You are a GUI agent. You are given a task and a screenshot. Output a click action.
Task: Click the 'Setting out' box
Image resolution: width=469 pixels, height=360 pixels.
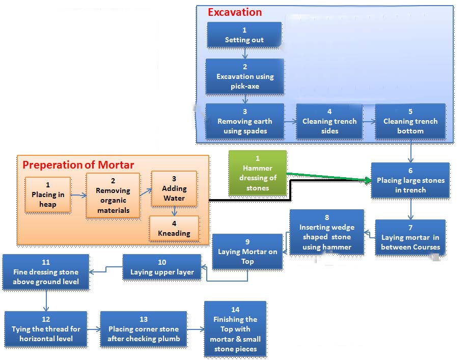tap(244, 35)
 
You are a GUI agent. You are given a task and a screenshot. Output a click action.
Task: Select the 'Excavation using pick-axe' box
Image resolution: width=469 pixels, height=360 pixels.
tap(244, 76)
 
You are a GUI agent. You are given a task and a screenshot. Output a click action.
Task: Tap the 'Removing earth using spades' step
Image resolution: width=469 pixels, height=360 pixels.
tap(244, 121)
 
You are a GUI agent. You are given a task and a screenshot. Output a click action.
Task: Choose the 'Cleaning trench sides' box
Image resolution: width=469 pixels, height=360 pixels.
tap(329, 121)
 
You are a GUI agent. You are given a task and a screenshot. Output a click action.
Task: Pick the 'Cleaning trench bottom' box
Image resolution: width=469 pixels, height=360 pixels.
tap(410, 121)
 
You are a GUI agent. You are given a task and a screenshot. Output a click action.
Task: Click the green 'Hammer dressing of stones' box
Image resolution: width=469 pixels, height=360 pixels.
tap(258, 173)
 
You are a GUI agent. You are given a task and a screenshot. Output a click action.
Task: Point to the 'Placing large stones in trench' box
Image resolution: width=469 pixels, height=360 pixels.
tap(410, 180)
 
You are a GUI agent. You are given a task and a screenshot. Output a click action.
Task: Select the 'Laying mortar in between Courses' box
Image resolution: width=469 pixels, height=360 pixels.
tap(410, 237)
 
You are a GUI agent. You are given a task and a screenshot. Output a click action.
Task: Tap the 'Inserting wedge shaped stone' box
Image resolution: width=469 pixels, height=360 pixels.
tap(327, 232)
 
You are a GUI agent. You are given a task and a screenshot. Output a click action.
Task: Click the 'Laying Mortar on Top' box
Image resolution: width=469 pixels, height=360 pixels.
tap(247, 252)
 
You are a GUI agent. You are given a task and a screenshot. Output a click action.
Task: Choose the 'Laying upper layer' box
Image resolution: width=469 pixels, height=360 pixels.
tap(162, 267)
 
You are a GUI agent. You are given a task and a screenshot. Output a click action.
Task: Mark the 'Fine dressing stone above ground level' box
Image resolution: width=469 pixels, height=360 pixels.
tap(46, 272)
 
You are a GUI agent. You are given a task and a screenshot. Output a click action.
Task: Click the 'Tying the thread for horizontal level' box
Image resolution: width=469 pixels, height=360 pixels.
tap(46, 329)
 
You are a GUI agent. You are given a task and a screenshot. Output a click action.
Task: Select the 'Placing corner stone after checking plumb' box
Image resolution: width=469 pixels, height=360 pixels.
tap(144, 329)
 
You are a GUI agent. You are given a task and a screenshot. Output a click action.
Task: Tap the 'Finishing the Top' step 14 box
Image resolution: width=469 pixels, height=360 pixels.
tap(235, 329)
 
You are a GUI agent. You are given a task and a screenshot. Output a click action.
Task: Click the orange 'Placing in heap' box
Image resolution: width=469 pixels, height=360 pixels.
tap(48, 195)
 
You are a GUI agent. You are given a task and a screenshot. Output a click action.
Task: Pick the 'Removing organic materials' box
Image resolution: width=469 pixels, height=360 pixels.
tap(113, 196)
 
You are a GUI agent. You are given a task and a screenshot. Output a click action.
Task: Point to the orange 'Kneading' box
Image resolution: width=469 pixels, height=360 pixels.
tap(174, 229)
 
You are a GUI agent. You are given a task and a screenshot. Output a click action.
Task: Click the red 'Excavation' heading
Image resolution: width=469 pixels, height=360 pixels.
tap(235, 12)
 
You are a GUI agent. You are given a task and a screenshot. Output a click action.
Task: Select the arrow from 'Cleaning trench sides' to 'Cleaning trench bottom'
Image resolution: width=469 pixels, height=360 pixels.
tap(369, 122)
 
